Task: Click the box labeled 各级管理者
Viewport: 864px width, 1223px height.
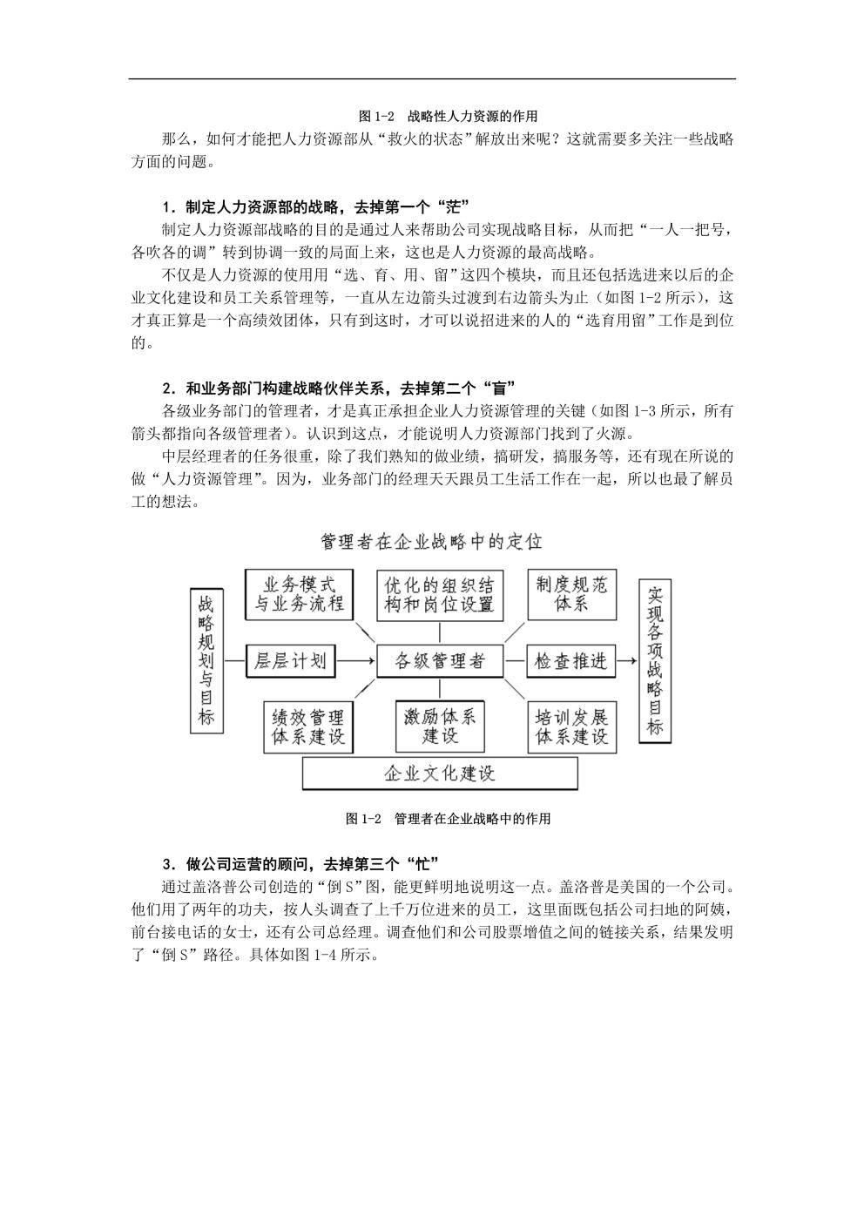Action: (x=439, y=661)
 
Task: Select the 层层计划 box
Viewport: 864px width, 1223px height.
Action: (x=290, y=661)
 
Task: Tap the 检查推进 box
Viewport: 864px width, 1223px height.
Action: (x=570, y=661)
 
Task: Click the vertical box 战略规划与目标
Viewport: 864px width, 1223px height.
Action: (x=206, y=660)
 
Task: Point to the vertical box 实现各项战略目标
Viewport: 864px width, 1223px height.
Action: (x=655, y=661)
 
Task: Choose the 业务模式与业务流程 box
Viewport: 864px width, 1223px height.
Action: (x=299, y=595)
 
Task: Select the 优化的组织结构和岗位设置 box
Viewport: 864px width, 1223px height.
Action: (x=439, y=595)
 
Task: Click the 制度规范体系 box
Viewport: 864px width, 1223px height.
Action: (x=571, y=595)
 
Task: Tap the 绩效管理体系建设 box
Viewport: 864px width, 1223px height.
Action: (x=308, y=727)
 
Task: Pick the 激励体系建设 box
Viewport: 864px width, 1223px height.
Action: (x=440, y=726)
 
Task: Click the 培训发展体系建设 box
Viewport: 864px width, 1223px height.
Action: (x=571, y=727)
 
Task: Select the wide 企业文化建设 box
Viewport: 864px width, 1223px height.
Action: (x=440, y=774)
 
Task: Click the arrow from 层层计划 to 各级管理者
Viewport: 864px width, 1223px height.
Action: (x=355, y=661)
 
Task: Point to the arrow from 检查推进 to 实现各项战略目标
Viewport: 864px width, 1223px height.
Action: (x=626, y=661)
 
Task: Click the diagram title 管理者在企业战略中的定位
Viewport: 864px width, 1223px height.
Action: (x=431, y=542)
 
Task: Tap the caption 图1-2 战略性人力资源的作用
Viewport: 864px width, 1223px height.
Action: (x=448, y=117)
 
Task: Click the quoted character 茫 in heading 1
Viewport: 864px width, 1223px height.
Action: (x=454, y=207)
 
